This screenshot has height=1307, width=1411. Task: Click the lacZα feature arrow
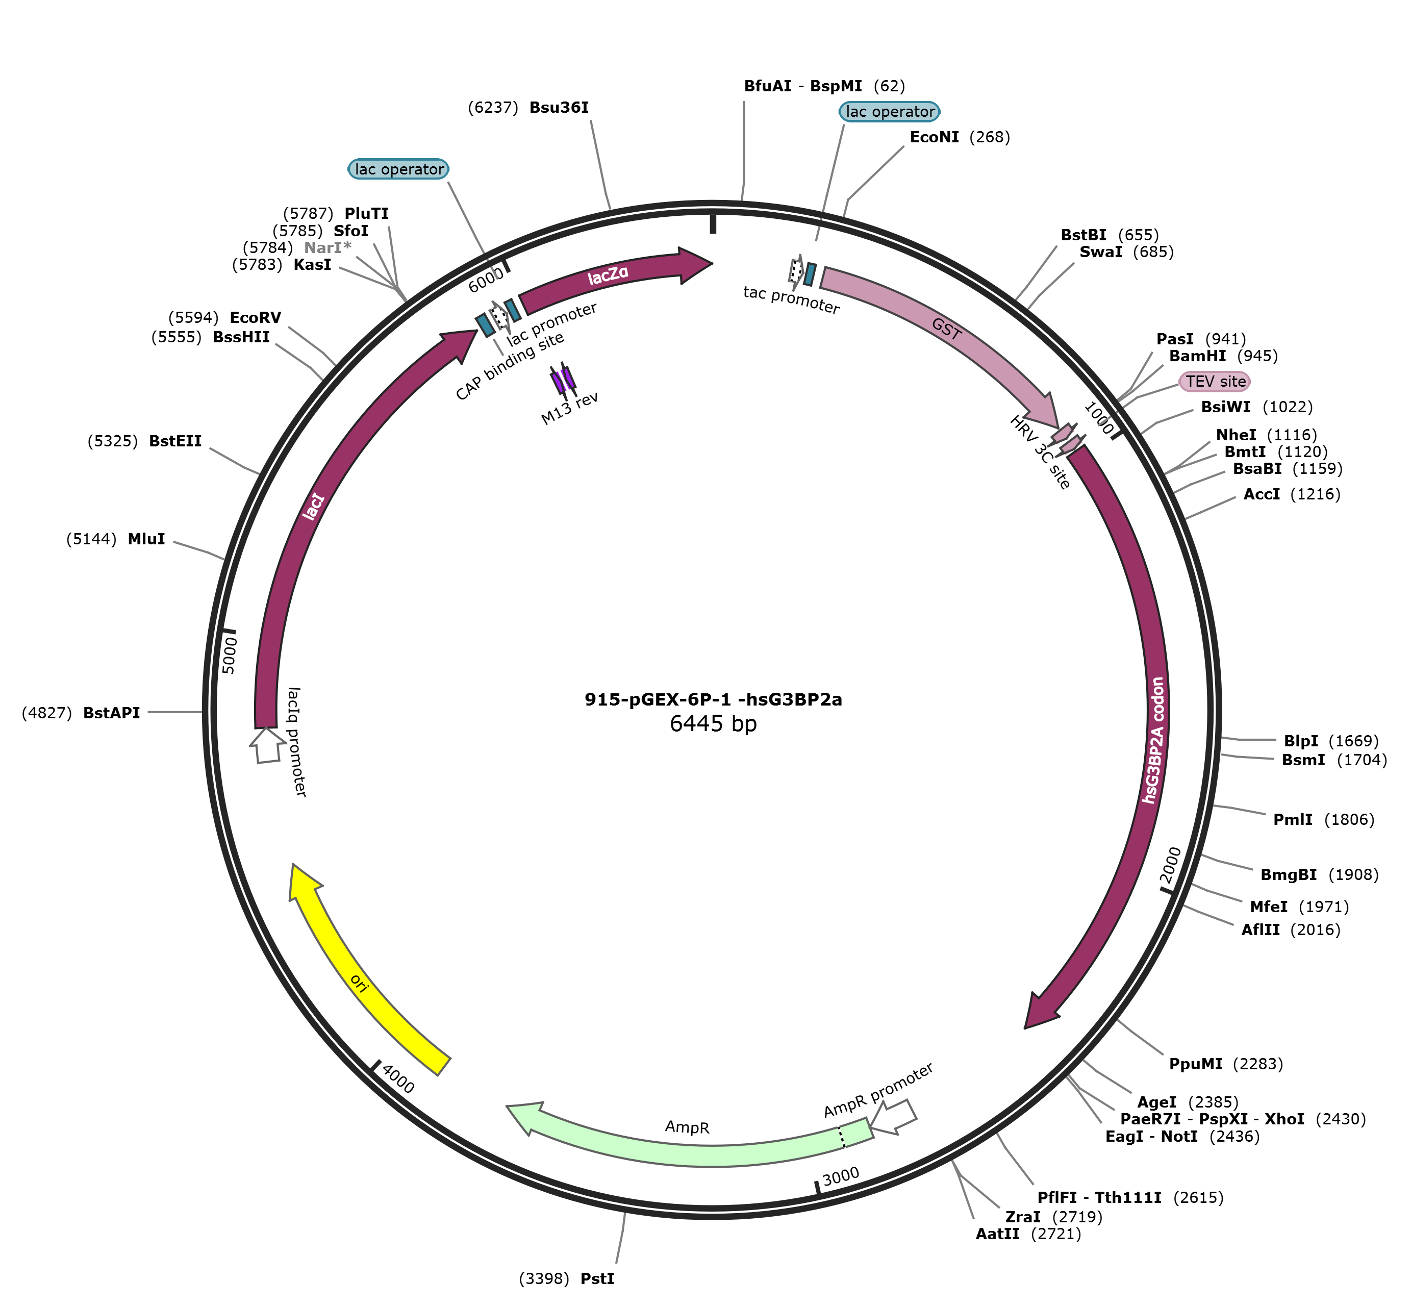608,276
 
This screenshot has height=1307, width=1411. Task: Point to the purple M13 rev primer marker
564,380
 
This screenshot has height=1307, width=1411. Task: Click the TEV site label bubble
1215,381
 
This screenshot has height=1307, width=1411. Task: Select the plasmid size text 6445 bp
713,723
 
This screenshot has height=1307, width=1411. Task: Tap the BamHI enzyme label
1197,356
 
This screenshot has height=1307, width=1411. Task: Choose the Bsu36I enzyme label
559,108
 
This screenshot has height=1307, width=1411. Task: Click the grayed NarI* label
327,247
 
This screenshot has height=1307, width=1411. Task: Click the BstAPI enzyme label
111,712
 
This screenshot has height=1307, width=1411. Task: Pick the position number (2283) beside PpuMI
1257,1064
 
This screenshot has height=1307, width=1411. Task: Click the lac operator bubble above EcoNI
890,112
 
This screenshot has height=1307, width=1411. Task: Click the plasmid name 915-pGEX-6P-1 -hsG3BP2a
713,699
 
